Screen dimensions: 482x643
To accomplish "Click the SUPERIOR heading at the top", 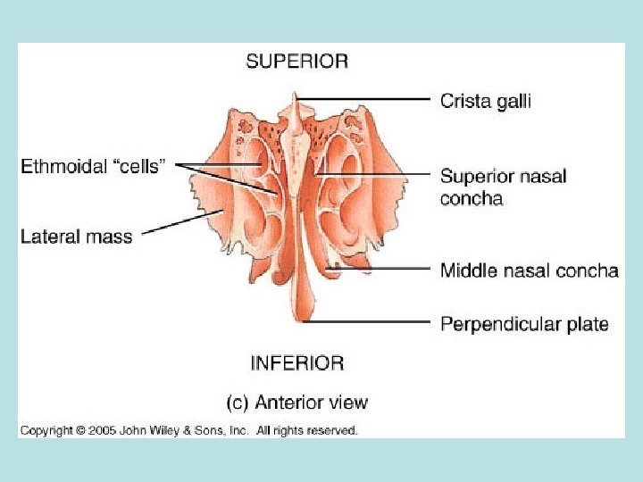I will [296, 62].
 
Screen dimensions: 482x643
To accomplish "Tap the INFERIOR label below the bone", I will [296, 363].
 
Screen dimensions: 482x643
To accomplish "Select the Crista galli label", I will [485, 101].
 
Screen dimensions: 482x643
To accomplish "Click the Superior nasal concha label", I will [503, 187].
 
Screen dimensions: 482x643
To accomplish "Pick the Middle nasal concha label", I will [529, 270].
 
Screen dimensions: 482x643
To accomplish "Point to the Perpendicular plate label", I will [523, 323].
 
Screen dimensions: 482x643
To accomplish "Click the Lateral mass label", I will [77, 237].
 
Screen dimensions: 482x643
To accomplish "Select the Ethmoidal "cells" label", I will [92, 167].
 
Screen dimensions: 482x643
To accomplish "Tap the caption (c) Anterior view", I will [297, 403].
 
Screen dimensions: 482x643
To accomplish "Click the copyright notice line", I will [189, 430].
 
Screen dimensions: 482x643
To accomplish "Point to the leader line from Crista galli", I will [366, 98].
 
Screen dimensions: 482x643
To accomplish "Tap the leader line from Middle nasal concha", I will [384, 269].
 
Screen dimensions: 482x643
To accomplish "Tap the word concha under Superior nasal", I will [471, 198].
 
